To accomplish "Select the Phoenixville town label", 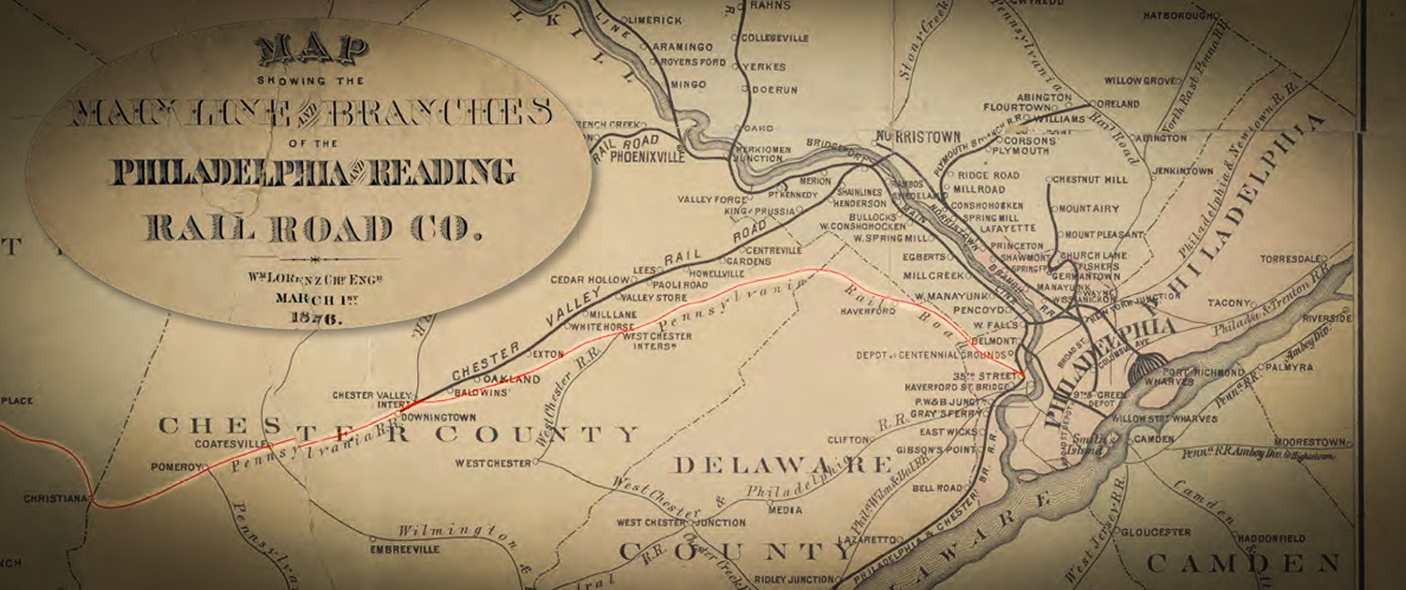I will [635, 157].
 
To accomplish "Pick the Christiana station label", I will [55, 498].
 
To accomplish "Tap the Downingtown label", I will [438, 417].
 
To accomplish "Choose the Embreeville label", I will [405, 550].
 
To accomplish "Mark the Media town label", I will [785, 510].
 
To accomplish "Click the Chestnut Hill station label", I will [1091, 179].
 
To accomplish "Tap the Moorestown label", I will [1315, 441].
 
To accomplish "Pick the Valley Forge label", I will [709, 199].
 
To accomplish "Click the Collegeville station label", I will [775, 38].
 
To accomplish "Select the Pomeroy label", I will [174, 466].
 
